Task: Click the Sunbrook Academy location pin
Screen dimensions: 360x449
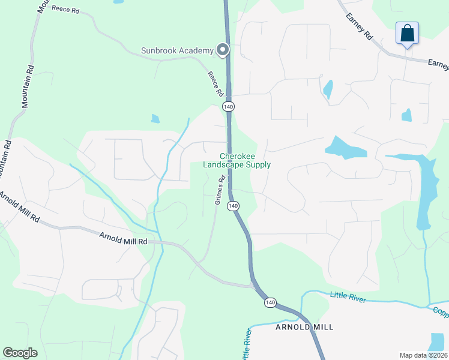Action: pyautogui.click(x=223, y=50)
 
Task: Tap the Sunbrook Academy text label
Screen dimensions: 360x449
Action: pyautogui.click(x=177, y=50)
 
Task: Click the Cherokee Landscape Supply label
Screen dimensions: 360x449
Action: pyautogui.click(x=237, y=160)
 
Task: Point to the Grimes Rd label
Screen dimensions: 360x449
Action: pyautogui.click(x=220, y=190)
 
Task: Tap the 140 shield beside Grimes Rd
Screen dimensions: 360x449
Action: pyautogui.click(x=234, y=206)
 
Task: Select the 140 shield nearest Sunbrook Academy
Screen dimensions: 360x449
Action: pyautogui.click(x=228, y=106)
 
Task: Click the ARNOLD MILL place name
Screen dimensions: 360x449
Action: pyautogui.click(x=304, y=327)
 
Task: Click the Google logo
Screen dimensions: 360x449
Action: pyautogui.click(x=20, y=353)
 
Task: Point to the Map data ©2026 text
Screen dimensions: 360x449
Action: pyautogui.click(x=423, y=355)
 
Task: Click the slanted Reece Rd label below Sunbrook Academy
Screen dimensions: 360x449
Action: pyautogui.click(x=215, y=85)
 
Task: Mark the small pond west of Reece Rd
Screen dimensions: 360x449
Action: pyautogui.click(x=155, y=119)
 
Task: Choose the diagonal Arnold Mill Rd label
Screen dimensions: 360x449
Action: pyautogui.click(x=19, y=207)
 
